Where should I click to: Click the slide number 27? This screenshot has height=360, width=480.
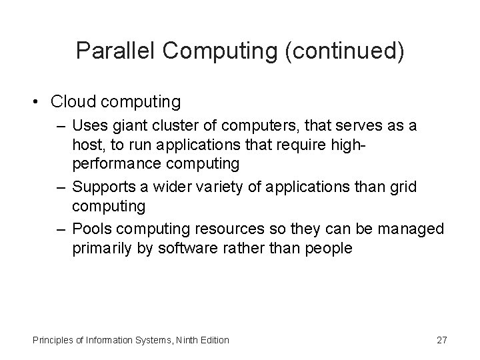(441, 340)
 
